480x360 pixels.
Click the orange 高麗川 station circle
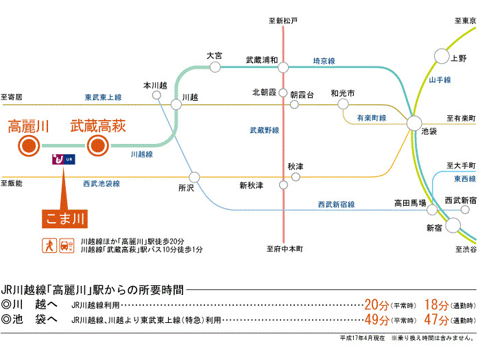29,145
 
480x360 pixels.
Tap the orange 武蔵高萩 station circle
97,145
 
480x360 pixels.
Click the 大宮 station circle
215,67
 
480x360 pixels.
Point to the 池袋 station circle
414,123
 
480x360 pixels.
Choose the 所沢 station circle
195,176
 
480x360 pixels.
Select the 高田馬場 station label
409,202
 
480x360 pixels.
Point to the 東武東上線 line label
103,97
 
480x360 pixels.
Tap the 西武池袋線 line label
101,184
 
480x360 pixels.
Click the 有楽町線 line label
371,118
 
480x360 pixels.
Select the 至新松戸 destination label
283,21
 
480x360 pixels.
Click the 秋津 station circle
296,176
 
